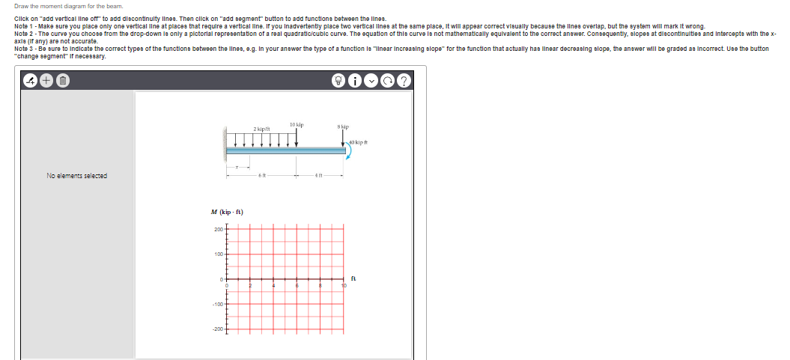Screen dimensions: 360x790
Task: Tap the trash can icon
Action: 64,81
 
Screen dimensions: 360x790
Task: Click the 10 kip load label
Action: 296,123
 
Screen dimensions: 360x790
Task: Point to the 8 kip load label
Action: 344,128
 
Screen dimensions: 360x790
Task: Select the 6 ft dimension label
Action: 261,174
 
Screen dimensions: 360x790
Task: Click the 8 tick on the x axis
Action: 320,284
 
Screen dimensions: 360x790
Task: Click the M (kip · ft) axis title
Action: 231,212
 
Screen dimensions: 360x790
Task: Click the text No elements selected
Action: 76,176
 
